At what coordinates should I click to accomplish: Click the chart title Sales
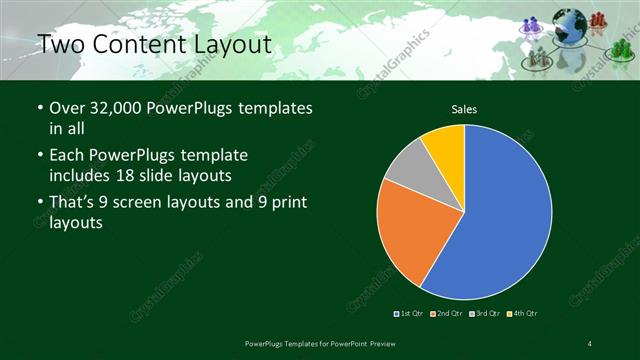coord(464,107)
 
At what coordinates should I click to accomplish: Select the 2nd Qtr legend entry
coord(447,314)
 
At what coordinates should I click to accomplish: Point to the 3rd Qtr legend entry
coord(486,314)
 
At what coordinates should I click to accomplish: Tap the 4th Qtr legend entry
coord(524,314)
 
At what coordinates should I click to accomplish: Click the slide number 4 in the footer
coord(590,344)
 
